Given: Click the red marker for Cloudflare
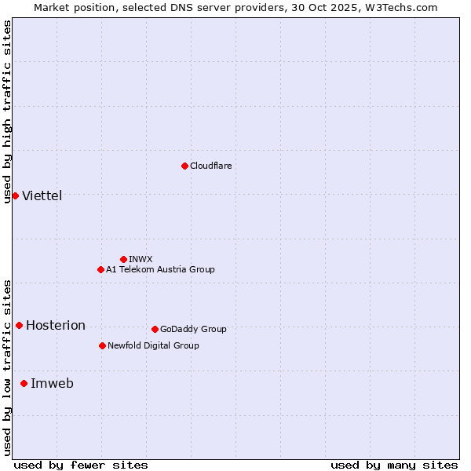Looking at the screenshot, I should tap(184, 166).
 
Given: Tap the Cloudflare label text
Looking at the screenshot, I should tap(210, 166).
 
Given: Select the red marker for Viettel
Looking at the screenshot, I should tap(15, 195).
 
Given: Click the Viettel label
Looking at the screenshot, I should tap(42, 195).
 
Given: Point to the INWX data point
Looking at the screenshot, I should tap(123, 259).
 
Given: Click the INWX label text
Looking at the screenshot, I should tap(141, 259).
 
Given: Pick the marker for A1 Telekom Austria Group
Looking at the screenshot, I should tap(100, 269).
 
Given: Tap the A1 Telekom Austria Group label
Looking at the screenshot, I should tap(160, 269).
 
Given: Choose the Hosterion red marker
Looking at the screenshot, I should tap(19, 325).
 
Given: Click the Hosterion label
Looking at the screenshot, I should tap(55, 325).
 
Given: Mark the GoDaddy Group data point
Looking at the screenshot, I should tap(155, 329).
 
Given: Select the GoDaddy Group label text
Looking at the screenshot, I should tap(192, 329).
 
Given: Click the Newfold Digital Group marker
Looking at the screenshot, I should tap(102, 345).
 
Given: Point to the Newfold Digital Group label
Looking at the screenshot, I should tap(153, 345).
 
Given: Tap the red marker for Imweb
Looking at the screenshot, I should tap(24, 383).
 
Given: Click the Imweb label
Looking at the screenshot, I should tap(52, 383).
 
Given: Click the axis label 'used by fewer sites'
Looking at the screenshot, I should tap(81, 465).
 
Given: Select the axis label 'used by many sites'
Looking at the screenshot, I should tap(394, 465).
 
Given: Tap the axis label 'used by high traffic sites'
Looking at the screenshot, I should tap(7, 111).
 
